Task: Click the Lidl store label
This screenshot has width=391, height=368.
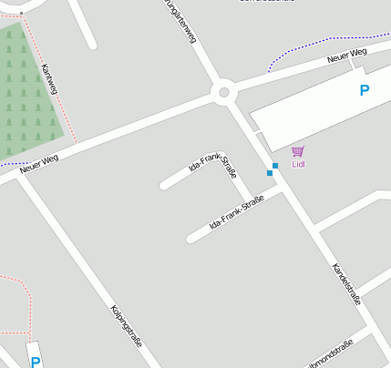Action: pyautogui.click(x=298, y=165)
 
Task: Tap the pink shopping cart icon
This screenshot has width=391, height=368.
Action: pyautogui.click(x=297, y=151)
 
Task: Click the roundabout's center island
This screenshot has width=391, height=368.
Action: pyautogui.click(x=223, y=91)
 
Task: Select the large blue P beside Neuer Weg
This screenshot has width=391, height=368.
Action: pyautogui.click(x=365, y=90)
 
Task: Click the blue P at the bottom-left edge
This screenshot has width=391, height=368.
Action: pyautogui.click(x=36, y=362)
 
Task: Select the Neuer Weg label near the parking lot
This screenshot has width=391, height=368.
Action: pyautogui.click(x=346, y=57)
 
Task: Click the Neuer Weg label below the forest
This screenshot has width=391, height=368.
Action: pyautogui.click(x=38, y=163)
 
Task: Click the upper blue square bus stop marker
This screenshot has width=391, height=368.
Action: pyautogui.click(x=274, y=165)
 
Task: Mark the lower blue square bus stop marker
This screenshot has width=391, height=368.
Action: pyautogui.click(x=270, y=173)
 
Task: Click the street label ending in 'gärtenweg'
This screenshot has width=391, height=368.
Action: pyautogui.click(x=180, y=20)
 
